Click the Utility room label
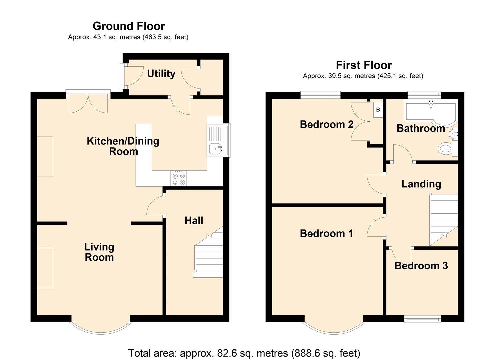click(x=161, y=74)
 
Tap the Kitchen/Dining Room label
click(x=123, y=146)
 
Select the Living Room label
click(x=99, y=252)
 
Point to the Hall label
click(x=194, y=220)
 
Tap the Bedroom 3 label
click(x=421, y=266)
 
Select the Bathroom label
click(x=421, y=128)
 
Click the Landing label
click(x=421, y=184)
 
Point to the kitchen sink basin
click(x=216, y=148)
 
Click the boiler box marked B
click(x=378, y=110)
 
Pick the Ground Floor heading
click(x=129, y=26)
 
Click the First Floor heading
click(x=364, y=65)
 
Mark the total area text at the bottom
click(x=244, y=353)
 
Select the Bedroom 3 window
click(x=422, y=319)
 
